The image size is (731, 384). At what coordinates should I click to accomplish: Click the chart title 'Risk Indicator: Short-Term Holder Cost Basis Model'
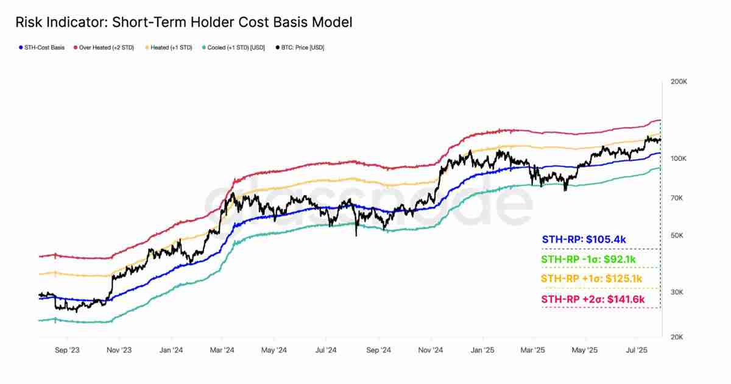[x=183, y=23]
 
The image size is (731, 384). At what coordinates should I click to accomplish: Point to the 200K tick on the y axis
[x=678, y=81]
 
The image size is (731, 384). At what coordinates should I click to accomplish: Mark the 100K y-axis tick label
[x=678, y=158]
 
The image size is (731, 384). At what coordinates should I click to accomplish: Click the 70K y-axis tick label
[x=676, y=198]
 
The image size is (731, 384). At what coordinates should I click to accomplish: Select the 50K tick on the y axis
[x=676, y=236]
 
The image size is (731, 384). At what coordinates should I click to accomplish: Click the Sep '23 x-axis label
[x=66, y=350]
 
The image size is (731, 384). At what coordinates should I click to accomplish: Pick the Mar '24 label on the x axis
[x=222, y=350]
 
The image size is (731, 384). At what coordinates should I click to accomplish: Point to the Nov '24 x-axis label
[x=431, y=350]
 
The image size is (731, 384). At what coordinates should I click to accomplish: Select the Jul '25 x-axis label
[x=637, y=350]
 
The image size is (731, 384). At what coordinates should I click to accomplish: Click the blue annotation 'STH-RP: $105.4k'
[x=584, y=240]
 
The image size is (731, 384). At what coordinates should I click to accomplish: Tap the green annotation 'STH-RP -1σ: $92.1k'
[x=588, y=260]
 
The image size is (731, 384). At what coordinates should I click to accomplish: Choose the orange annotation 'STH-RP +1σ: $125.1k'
[x=592, y=279]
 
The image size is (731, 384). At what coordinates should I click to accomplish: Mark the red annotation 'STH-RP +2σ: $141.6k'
[x=593, y=299]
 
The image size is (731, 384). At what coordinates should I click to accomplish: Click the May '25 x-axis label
[x=585, y=350]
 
